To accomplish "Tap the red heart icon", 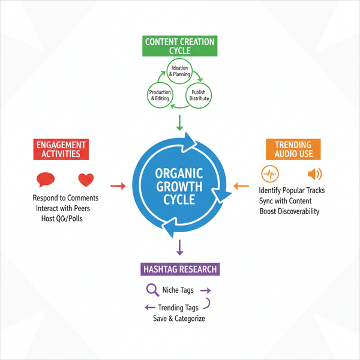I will coord(86,179).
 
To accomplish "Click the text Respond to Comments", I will coord(65,197).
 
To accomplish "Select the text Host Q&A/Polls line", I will coord(65,217).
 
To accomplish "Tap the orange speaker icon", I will coord(314,175).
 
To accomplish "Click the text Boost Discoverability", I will coord(290,211).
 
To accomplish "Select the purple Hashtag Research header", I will coord(179,269).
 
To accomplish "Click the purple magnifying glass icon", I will coord(152,290).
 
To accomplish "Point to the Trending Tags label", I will coord(183,307).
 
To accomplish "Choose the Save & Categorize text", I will coord(179,318).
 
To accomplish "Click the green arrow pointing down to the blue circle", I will coord(179,123).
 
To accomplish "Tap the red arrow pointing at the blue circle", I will coord(118,186).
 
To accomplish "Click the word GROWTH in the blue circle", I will coord(179,186).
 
